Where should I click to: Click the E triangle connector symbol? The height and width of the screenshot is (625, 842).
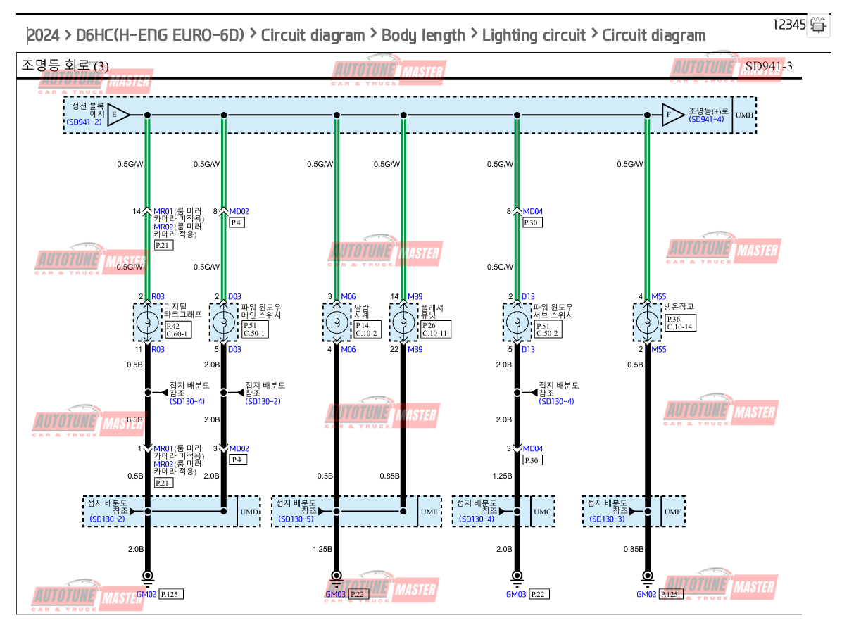pyautogui.click(x=117, y=115)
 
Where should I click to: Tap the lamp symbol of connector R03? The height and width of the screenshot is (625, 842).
pyautogui.click(x=147, y=323)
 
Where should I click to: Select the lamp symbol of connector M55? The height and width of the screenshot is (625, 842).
pyautogui.click(x=647, y=323)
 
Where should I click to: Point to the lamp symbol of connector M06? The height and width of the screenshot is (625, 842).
pyautogui.click(x=337, y=323)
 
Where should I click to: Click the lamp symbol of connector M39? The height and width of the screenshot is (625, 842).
pyautogui.click(x=403, y=323)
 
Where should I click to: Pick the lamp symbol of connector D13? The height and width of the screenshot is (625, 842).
pyautogui.click(x=517, y=323)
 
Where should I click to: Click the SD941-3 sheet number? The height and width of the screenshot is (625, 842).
pyautogui.click(x=769, y=66)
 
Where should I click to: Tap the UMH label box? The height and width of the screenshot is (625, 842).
pyautogui.click(x=744, y=115)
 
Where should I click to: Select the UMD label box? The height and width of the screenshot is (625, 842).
pyautogui.click(x=249, y=512)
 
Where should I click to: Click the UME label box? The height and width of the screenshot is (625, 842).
pyautogui.click(x=429, y=512)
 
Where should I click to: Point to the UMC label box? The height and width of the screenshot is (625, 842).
pyautogui.click(x=543, y=512)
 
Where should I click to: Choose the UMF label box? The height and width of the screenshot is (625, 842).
pyautogui.click(x=673, y=512)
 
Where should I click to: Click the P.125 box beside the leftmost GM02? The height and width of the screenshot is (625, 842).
pyautogui.click(x=172, y=594)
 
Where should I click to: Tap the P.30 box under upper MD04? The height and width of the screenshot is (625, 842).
pyautogui.click(x=532, y=222)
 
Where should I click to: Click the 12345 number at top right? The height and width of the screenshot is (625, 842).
pyautogui.click(x=788, y=25)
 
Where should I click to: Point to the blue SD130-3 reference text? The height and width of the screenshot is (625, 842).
pyautogui.click(x=607, y=519)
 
